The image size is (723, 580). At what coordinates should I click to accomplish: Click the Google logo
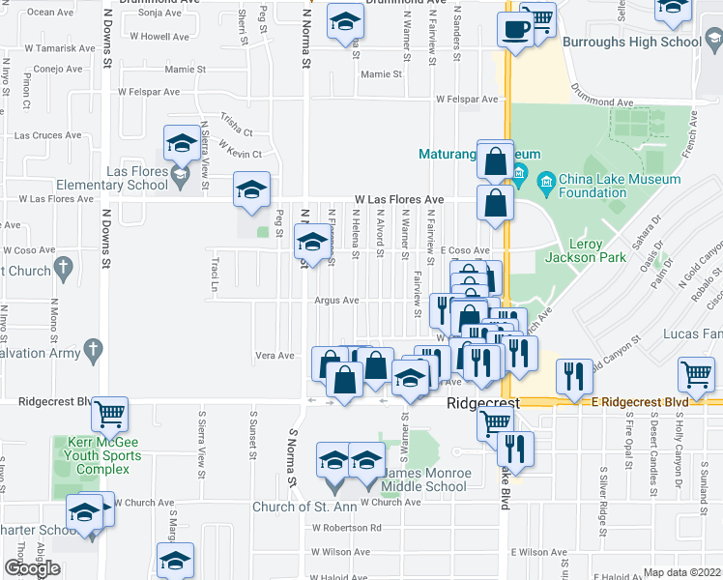[x=32, y=568]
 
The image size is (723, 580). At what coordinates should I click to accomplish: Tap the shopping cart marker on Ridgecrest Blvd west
[x=110, y=415]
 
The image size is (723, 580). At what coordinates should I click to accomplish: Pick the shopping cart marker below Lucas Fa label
[x=696, y=373]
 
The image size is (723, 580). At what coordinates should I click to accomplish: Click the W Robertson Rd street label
[x=346, y=528]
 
